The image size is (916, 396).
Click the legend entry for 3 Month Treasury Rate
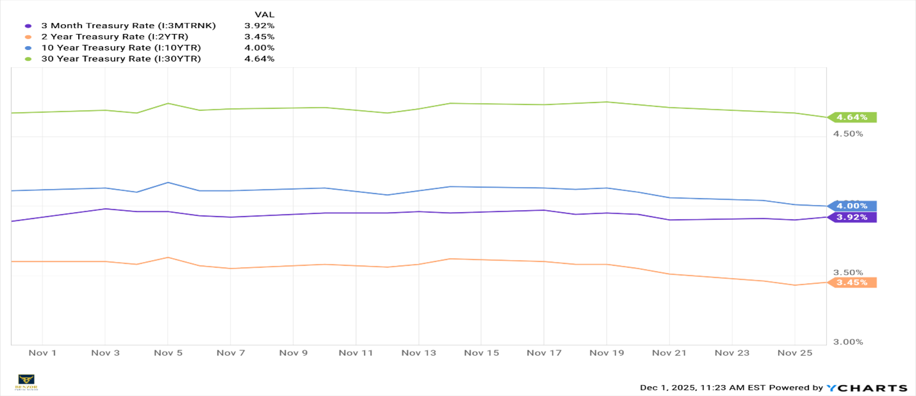(133, 26)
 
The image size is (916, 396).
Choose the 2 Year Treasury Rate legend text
(119, 37)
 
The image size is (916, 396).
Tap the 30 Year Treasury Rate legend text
(126, 58)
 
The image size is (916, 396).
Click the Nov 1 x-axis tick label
(42, 353)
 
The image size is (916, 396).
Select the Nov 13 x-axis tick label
(418, 353)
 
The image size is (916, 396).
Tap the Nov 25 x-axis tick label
(794, 353)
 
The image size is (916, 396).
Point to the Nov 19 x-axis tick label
(606, 353)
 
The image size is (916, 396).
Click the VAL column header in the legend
(264, 14)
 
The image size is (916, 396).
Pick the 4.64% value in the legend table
(259, 58)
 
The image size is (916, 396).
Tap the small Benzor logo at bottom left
(26, 382)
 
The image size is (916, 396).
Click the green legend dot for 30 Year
(28, 59)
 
